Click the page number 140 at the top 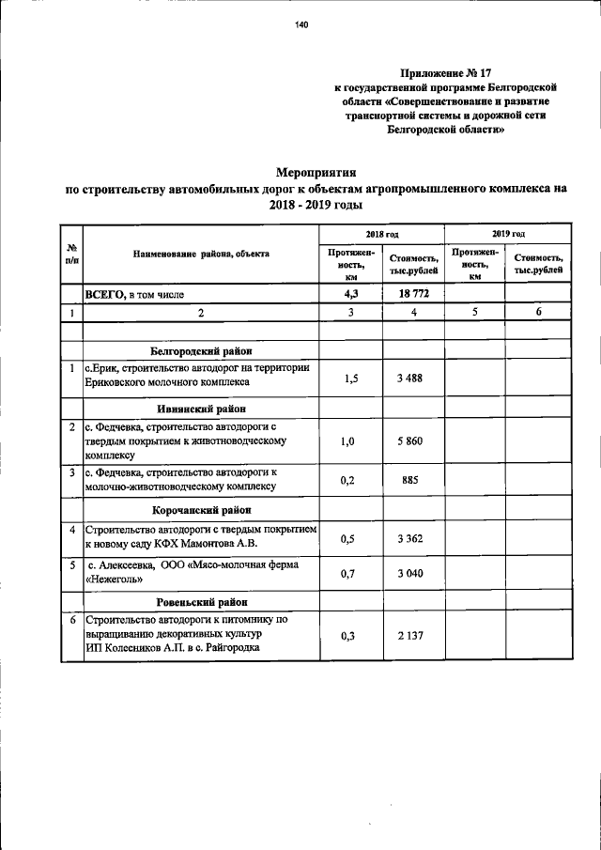300,25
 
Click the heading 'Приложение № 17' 446,72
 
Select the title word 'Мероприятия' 316,172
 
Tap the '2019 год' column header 508,232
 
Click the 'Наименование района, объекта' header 201,254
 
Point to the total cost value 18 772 412,293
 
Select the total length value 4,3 351,293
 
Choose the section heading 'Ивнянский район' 199,409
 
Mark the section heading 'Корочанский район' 199,510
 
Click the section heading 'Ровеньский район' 199,601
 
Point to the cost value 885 412,480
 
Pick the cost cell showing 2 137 412,636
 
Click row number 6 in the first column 72,621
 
